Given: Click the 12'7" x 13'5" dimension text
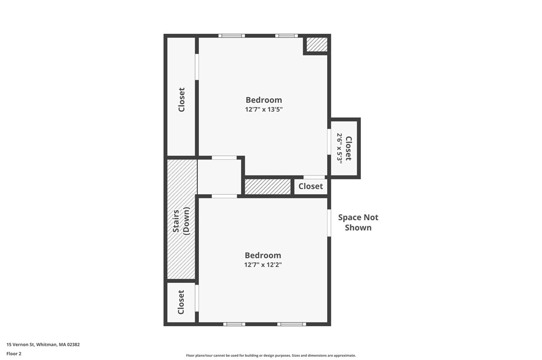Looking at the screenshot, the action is (264, 110).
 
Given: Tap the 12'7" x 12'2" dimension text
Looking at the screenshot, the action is (263, 265).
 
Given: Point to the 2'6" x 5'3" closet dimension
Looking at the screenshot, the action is (340, 148).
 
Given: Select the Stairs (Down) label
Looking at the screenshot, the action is (181, 221).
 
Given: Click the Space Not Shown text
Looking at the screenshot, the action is (358, 223).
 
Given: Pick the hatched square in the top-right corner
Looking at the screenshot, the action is (316, 44).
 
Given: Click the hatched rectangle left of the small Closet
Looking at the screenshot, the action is (268, 186).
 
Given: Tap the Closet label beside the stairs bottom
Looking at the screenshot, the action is (181, 302).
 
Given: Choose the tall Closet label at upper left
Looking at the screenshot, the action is (182, 99).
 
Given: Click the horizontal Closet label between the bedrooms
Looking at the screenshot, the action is (311, 186).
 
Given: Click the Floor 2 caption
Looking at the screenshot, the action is (14, 354).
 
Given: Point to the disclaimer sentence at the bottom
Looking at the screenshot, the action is (271, 356).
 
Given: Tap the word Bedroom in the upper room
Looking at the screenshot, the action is (264, 100).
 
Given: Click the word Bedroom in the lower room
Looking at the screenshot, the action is (263, 255).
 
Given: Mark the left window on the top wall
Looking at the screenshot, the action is (231, 36).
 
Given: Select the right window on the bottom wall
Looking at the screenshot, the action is (292, 324).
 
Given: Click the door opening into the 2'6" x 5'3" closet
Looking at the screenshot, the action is (329, 141).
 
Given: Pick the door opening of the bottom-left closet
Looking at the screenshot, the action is (197, 298).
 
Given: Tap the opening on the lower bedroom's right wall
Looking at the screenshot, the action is (329, 223).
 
